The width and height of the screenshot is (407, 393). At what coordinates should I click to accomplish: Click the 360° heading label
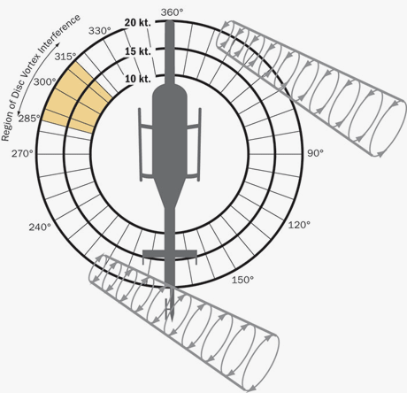pyautogui.click(x=172, y=12)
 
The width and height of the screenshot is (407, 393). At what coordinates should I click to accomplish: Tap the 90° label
pyautogui.click(x=315, y=153)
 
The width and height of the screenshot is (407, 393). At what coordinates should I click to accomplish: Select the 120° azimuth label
pyautogui.click(x=299, y=225)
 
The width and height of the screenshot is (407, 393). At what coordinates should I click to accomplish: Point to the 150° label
pyautogui.click(x=242, y=280)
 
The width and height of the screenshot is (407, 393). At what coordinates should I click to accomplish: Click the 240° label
pyautogui.click(x=40, y=227)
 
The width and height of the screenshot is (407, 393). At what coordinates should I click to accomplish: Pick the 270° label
pyautogui.click(x=22, y=154)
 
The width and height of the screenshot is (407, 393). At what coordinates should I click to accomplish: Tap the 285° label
pyautogui.click(x=29, y=119)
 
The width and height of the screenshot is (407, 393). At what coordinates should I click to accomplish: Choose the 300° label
pyautogui.click(x=44, y=81)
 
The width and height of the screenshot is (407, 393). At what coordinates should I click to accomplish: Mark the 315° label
pyautogui.click(x=65, y=57)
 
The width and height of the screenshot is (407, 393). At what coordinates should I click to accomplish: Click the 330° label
pyautogui.click(x=100, y=31)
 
